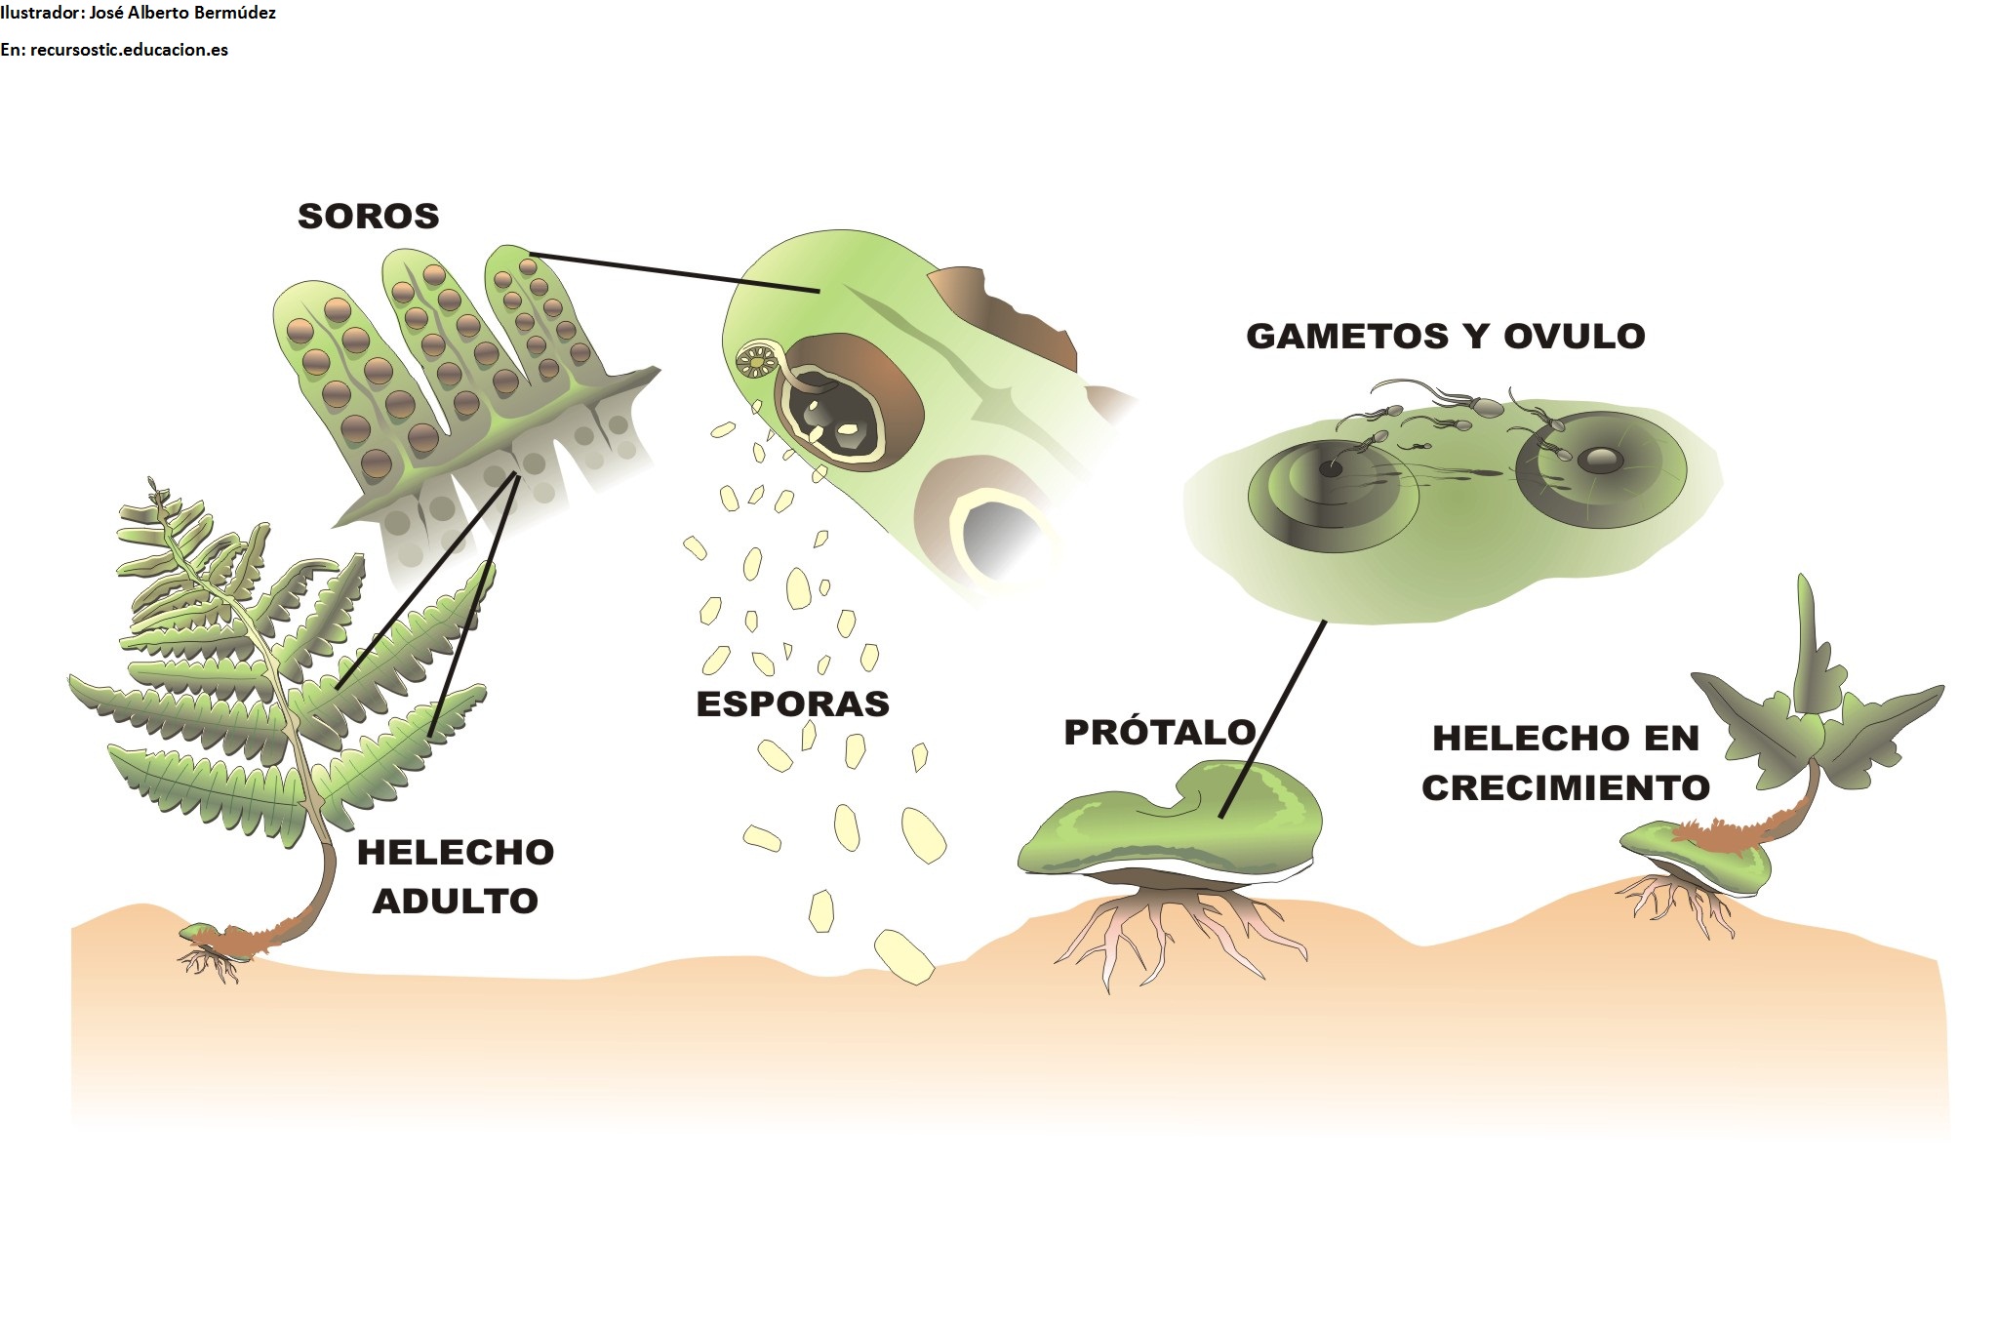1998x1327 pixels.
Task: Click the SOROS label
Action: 368,216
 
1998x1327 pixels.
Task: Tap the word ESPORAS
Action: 792,704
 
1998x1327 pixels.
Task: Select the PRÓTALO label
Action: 1159,731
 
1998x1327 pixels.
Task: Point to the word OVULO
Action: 1575,336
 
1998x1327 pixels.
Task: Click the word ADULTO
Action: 455,901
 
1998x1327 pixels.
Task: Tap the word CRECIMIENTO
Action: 1565,787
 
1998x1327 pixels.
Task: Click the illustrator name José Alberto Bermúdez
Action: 182,14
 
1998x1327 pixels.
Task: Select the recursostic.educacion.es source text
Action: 129,50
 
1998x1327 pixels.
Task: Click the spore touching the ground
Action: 903,957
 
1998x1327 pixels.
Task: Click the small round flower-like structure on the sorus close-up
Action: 756,361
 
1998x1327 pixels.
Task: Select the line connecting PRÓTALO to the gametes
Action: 1273,718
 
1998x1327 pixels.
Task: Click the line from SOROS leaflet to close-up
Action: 673,272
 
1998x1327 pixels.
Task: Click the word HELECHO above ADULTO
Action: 456,853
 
